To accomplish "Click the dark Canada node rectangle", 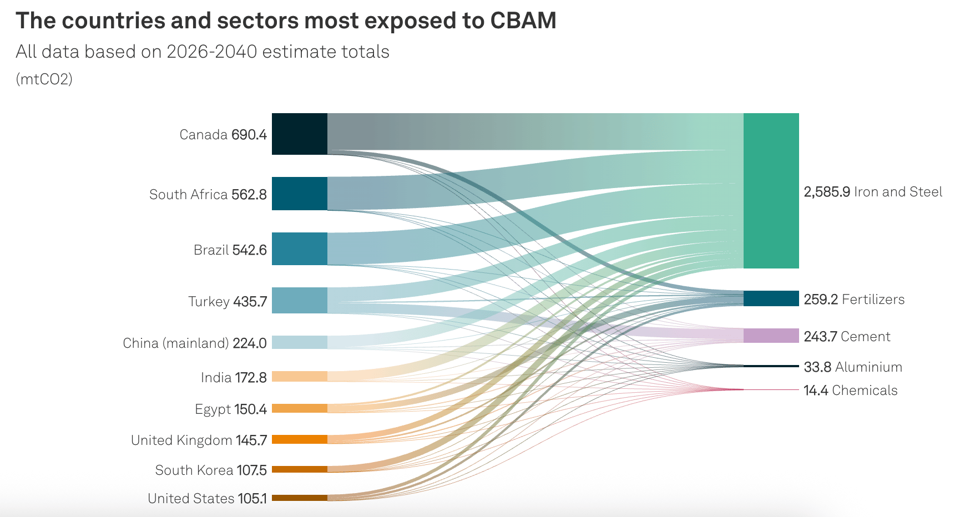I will (x=299, y=134).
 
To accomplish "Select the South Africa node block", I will (x=299, y=194).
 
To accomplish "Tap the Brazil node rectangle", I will (x=299, y=249).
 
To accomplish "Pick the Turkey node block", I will (x=299, y=300).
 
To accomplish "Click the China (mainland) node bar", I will (x=299, y=342).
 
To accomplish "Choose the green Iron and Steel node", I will (x=771, y=191).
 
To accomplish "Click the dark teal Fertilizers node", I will (x=771, y=298).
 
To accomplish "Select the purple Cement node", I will (x=771, y=336).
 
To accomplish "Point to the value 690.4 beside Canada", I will (x=249, y=135).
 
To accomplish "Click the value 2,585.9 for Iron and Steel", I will (x=827, y=192).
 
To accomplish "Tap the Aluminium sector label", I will (x=868, y=367).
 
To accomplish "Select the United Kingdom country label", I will (x=181, y=440).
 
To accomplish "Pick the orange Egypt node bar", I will (x=299, y=408).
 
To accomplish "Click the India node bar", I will (x=299, y=377).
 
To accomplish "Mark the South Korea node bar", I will (x=299, y=469).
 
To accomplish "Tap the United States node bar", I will (x=299, y=498).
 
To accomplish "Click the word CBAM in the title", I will (x=523, y=21).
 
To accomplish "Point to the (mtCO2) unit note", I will (x=44, y=79).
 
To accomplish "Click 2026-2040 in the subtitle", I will (x=211, y=52).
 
